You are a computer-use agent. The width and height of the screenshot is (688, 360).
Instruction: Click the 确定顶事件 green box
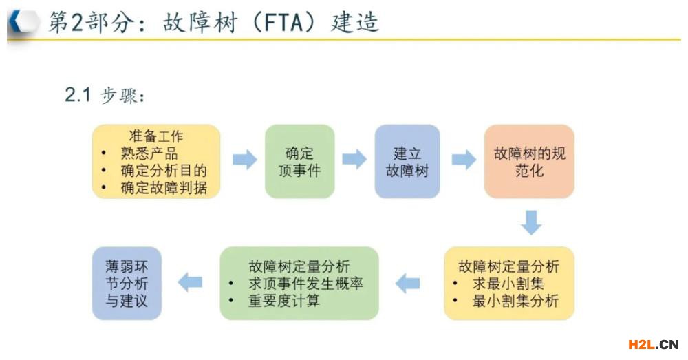(299, 161)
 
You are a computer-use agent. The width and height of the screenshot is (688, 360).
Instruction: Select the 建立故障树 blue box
(407, 161)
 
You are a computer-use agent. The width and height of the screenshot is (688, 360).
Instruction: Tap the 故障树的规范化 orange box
(528, 161)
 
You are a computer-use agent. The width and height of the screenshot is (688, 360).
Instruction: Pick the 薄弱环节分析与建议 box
(127, 283)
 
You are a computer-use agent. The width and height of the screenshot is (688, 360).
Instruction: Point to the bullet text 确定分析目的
(163, 170)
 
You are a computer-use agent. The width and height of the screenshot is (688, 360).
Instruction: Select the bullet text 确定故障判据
(163, 187)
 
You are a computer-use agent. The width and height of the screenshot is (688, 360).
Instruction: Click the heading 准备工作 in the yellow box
(156, 136)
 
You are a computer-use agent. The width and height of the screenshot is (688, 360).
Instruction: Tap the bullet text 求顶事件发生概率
(305, 283)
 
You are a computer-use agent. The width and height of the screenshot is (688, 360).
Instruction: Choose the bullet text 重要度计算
(283, 300)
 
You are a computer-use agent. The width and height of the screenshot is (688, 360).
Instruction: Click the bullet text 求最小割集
(508, 283)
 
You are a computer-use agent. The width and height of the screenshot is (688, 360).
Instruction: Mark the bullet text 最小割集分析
(515, 300)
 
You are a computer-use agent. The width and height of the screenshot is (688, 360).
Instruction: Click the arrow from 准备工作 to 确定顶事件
(244, 160)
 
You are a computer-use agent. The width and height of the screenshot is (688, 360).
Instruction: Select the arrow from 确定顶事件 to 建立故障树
(354, 160)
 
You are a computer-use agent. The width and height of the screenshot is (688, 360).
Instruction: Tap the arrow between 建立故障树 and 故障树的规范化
(463, 160)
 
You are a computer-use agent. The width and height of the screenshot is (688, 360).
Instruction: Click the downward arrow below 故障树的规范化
(530, 222)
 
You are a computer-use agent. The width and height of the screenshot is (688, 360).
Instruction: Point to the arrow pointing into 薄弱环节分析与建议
(191, 282)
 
